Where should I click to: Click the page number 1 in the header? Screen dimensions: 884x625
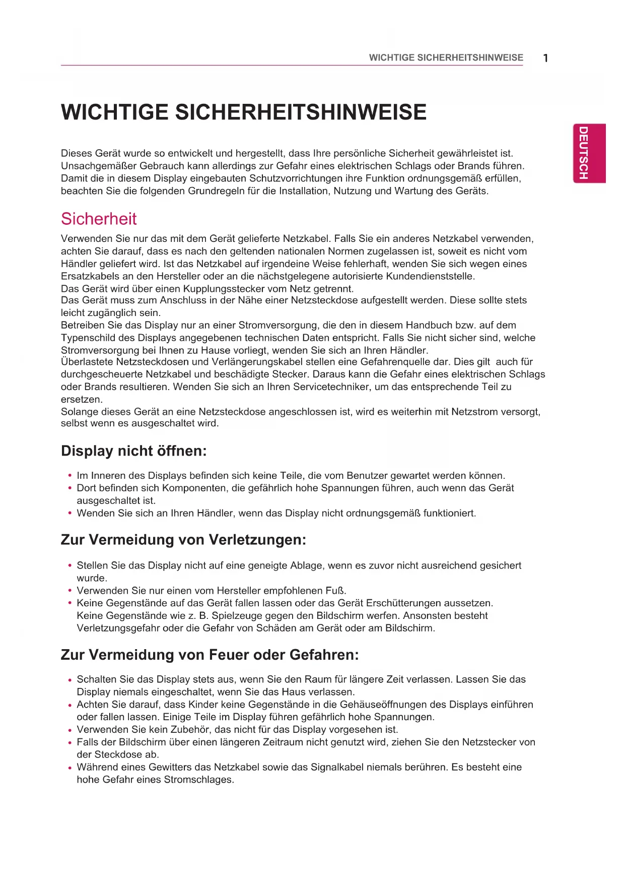(545, 58)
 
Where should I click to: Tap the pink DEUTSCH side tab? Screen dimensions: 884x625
(589, 153)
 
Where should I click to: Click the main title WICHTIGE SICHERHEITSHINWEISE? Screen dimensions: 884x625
(244, 112)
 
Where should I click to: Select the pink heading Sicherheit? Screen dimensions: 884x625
(99, 219)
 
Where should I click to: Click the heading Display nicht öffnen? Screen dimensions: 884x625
(134, 451)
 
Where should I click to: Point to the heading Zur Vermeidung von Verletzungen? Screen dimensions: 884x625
(183, 540)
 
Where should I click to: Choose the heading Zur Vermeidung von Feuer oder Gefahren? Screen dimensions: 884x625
(210, 655)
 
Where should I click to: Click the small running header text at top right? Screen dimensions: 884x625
(446, 57)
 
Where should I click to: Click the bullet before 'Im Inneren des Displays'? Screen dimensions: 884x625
(70, 476)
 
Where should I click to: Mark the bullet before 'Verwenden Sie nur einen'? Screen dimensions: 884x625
(70, 591)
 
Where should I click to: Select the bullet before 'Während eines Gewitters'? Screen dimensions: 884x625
(70, 768)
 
